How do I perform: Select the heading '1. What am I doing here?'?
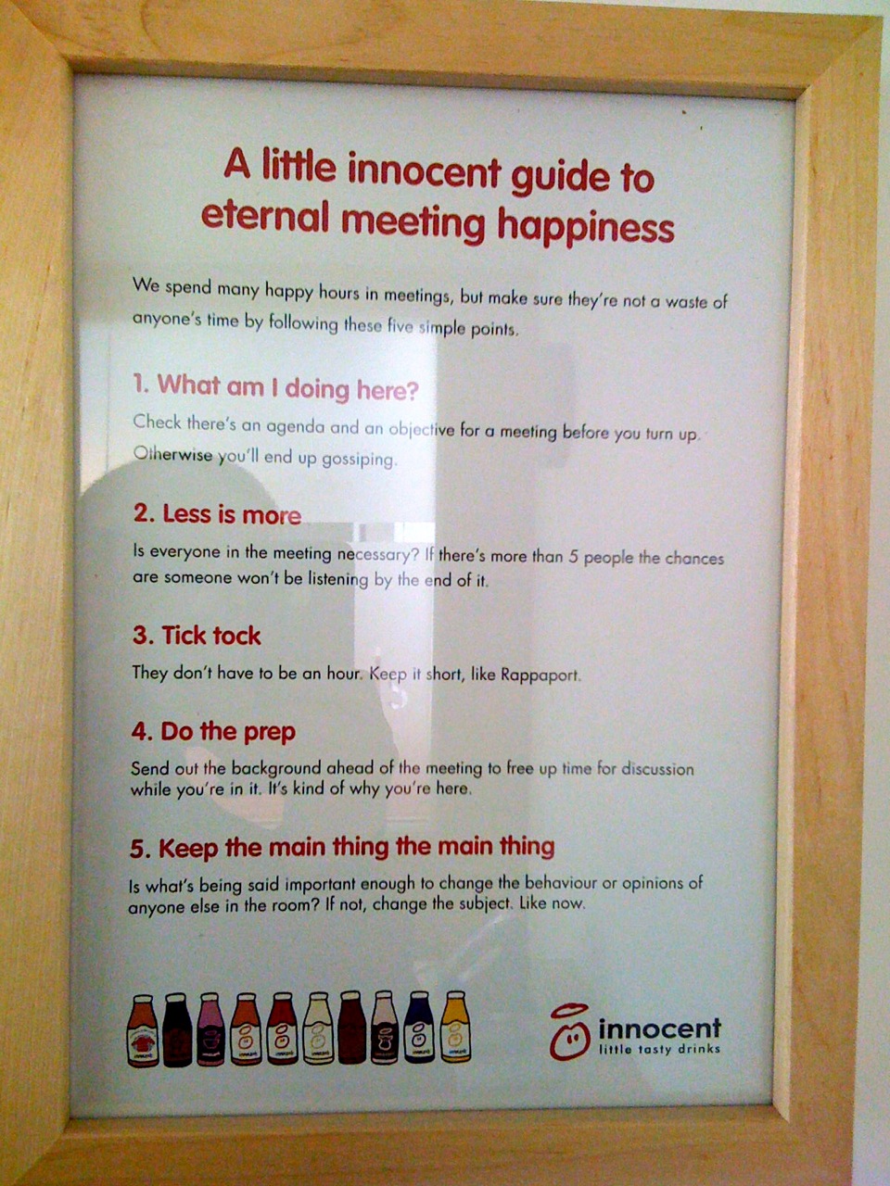click(275, 386)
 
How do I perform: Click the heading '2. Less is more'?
click(217, 514)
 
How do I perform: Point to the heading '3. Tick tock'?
click(197, 636)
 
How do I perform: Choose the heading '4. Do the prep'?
click(213, 731)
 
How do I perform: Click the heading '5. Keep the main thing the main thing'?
click(342, 847)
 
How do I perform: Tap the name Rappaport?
click(540, 675)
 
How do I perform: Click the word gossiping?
click(359, 459)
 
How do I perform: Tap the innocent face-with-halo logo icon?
click(568, 1032)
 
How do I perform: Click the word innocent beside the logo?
click(659, 1028)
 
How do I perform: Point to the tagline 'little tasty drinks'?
click(659, 1050)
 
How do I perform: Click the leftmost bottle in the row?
click(142, 1030)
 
